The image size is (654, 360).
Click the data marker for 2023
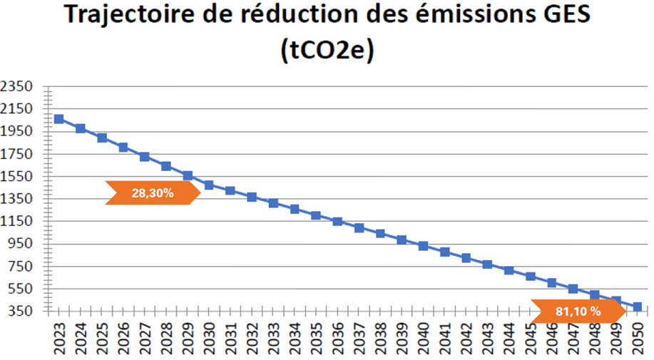click(58, 119)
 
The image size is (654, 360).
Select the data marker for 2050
click(638, 307)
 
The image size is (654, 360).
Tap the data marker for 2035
click(316, 215)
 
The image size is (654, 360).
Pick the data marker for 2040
click(423, 246)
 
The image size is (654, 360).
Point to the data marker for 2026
click(123, 148)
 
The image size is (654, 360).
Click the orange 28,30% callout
click(152, 192)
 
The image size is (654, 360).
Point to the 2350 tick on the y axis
click(18, 86)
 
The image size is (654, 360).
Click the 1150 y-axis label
click(18, 222)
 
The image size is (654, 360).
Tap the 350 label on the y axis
click(21, 312)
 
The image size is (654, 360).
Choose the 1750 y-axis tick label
click(18, 154)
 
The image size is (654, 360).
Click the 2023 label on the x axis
click(58, 339)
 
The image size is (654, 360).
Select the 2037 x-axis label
click(359, 339)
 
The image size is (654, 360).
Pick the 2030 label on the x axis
click(209, 339)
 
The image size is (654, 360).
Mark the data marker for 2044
click(509, 270)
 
